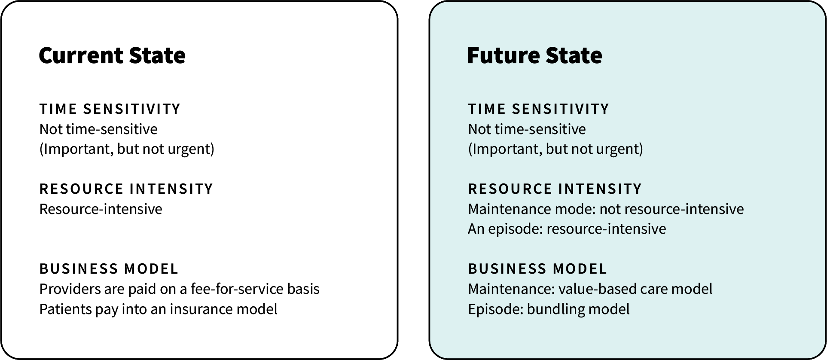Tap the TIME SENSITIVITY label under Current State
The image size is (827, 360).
[x=110, y=109]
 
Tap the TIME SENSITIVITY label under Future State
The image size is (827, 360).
[x=539, y=109]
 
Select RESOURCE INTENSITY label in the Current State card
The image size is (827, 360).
[x=126, y=189]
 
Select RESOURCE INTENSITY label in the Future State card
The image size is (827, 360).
[x=555, y=189]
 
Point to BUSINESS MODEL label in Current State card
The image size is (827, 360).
[x=109, y=269]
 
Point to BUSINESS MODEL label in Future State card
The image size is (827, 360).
[x=537, y=269]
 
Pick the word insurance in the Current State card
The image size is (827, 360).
[x=195, y=309]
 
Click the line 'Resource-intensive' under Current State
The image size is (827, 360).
[x=101, y=209]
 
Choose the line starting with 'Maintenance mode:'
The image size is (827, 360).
[x=606, y=209]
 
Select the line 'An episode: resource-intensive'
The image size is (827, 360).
[x=567, y=229]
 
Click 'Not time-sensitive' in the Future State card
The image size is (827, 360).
[x=527, y=129]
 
